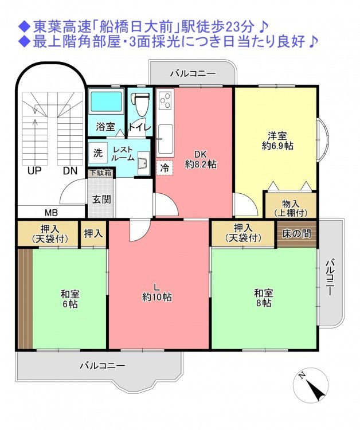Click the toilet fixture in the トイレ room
140,104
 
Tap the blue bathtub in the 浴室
106,102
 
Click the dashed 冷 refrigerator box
165,167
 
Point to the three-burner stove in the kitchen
165,100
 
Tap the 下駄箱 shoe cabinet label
101,173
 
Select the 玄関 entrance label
101,199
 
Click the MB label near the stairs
51,213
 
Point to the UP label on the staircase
34,171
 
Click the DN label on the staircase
70,171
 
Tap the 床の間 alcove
297,234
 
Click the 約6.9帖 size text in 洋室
277,146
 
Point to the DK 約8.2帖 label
201,159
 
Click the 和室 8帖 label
263,298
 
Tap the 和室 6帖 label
69,299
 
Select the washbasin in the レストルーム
143,163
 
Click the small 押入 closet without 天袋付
93,233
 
